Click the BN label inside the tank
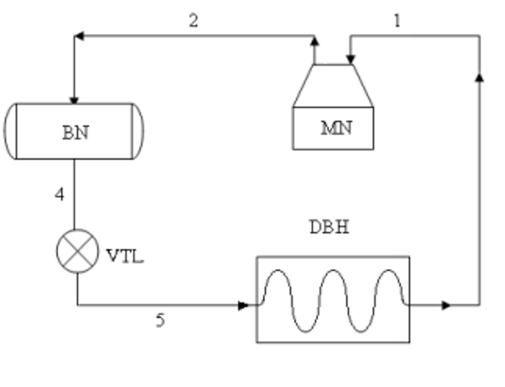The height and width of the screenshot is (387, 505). click(75, 132)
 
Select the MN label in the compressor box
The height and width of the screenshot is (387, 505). click(335, 128)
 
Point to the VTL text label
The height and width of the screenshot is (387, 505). click(124, 255)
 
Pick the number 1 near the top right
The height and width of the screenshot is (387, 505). click(397, 21)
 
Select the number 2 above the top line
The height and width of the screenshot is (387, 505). click(193, 20)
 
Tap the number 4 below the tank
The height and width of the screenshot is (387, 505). click(60, 193)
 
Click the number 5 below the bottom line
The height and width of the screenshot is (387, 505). click(160, 320)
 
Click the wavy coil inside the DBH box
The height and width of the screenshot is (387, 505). click(333, 299)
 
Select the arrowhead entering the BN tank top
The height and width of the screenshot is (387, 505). click(74, 99)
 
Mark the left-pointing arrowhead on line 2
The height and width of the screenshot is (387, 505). click(79, 35)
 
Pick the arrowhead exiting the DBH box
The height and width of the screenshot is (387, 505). click(446, 305)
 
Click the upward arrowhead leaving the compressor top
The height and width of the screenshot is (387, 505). click(315, 39)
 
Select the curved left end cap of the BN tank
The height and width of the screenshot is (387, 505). click(11, 132)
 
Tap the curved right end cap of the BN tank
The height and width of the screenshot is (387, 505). click(139, 132)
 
